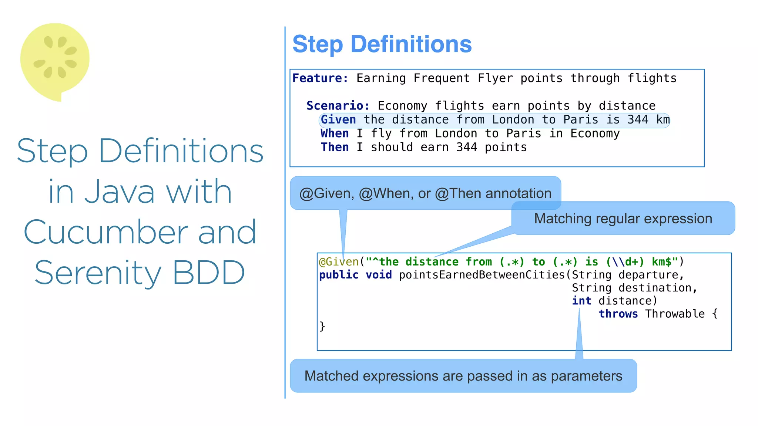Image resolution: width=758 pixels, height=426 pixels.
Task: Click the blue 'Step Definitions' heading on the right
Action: [382, 44]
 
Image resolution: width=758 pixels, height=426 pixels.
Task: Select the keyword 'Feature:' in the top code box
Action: [320, 78]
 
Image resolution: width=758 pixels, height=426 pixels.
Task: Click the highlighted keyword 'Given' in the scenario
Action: [338, 120]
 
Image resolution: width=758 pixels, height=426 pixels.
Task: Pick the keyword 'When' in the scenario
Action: [335, 133]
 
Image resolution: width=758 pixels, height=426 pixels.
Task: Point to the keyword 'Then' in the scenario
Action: [335, 147]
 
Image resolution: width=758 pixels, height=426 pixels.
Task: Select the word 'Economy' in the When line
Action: [595, 133]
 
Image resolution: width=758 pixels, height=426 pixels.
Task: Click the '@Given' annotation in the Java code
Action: [339, 262]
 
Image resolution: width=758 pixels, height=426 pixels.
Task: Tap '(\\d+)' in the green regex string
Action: [625, 262]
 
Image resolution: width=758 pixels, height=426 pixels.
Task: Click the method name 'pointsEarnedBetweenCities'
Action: [482, 275]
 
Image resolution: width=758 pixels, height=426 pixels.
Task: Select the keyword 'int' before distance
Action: [581, 301]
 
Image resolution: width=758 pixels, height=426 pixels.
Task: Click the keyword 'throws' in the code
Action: [618, 314]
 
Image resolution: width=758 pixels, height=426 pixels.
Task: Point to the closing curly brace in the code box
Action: [322, 326]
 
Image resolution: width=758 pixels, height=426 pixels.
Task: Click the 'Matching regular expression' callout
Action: [623, 219]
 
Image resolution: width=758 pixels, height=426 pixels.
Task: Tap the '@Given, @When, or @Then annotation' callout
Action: [425, 193]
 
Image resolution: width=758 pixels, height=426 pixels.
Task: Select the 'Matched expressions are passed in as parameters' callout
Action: [463, 376]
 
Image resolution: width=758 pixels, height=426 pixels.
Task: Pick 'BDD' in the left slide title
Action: [208, 273]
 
